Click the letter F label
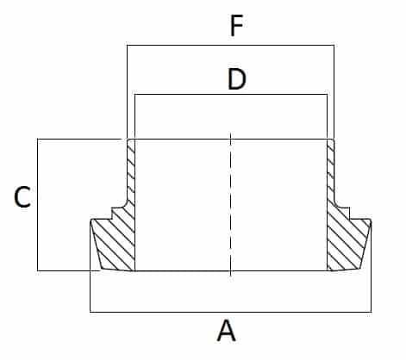(237, 26)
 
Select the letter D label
(237, 79)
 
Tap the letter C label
(22, 196)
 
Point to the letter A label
(227, 331)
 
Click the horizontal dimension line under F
(230, 45)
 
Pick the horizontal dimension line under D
(231, 94)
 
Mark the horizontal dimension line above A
(231, 312)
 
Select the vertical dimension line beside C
(38, 205)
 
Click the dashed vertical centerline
(230, 204)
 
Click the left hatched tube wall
(131, 172)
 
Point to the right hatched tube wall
(331, 172)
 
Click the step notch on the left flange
(111, 214)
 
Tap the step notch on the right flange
(350, 214)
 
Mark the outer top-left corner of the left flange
(91, 220)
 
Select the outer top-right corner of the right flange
(371, 220)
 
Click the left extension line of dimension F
(127, 92)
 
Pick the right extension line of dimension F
(334, 92)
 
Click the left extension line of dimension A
(91, 266)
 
